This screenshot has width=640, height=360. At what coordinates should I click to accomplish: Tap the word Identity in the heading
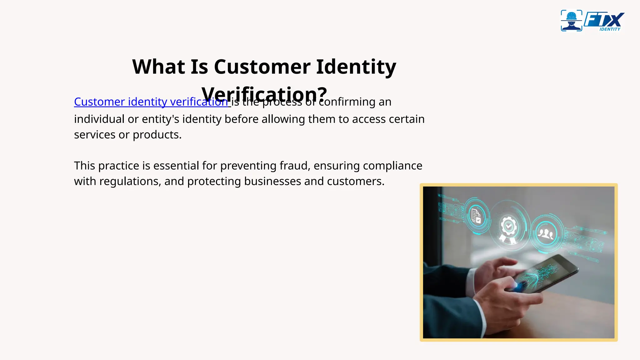tap(356, 67)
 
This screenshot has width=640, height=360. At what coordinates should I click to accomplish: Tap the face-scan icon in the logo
tap(572, 21)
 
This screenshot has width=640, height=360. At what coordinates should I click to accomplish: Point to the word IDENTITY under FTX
tap(610, 29)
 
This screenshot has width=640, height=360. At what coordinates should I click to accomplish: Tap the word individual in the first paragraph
tap(99, 119)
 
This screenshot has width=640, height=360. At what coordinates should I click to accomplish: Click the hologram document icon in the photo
tap(476, 216)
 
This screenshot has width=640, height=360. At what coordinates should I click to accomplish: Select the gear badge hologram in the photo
tap(508, 227)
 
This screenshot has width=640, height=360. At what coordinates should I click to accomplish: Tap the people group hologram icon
tap(546, 233)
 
